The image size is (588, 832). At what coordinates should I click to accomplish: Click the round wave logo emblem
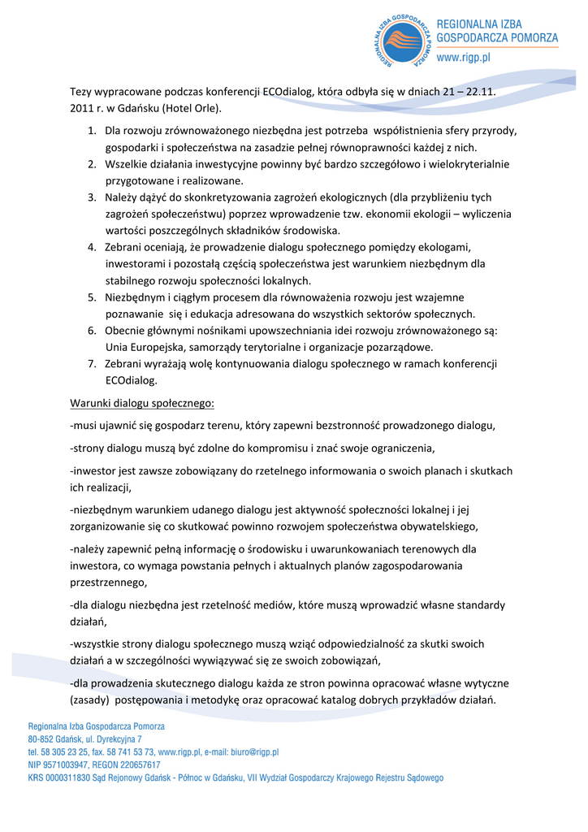[402, 41]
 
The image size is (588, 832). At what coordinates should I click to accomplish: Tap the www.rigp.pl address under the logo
[464, 58]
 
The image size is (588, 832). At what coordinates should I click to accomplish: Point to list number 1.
[92, 131]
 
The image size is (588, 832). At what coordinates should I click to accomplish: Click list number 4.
[92, 247]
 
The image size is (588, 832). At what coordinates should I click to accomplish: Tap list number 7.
[92, 363]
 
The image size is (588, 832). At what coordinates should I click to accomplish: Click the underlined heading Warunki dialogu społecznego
[142, 403]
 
